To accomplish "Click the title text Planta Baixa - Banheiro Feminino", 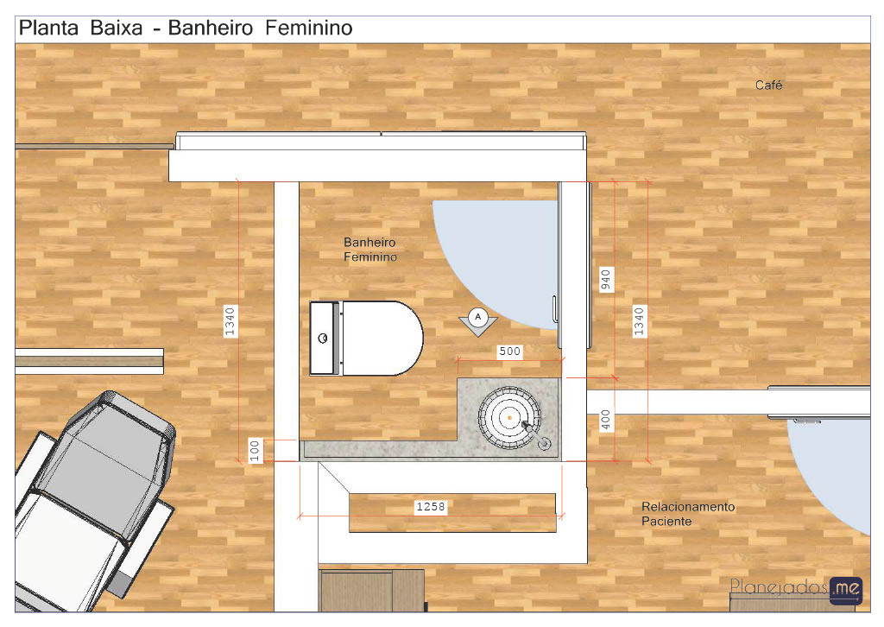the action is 186,28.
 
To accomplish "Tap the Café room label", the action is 768,85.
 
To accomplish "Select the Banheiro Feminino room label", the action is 369,250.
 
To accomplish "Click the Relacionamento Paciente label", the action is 688,514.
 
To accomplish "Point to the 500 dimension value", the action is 509,351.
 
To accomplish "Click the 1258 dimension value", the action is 431,506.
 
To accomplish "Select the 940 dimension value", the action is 605,280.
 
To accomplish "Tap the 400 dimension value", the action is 605,420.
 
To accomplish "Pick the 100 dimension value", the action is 255,451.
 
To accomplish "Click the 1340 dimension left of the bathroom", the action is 230,321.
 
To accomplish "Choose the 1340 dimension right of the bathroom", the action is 639,321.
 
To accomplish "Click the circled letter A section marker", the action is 478,318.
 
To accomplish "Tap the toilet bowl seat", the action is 382,339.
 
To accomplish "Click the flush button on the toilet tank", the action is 323,339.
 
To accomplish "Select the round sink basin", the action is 509,418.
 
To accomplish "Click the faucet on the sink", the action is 536,435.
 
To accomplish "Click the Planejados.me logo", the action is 796,589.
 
